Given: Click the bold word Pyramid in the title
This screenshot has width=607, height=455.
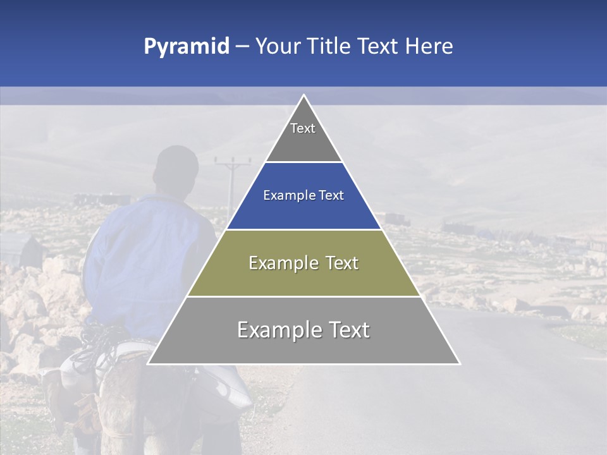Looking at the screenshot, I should click(187, 47).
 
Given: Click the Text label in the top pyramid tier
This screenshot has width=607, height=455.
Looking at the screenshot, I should click(303, 128).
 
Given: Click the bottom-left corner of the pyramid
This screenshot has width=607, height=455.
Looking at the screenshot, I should click(149, 363).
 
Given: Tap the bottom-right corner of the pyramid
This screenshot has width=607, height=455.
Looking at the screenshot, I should click(459, 363).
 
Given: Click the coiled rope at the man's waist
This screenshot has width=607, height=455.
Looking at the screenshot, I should click(95, 354).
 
